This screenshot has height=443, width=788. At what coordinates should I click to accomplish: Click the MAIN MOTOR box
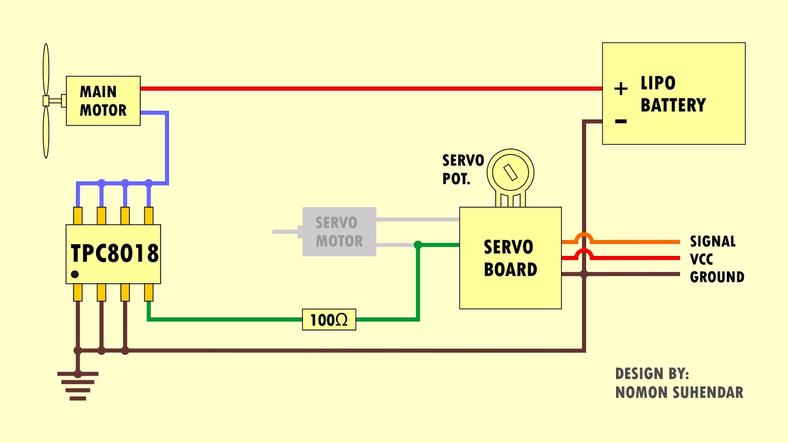(x=103, y=101)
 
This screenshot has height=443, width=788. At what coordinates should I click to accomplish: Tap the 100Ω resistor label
(x=329, y=320)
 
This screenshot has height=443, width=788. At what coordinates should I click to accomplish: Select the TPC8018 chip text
(x=114, y=253)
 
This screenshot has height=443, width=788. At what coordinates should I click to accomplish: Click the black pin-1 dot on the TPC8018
(x=75, y=274)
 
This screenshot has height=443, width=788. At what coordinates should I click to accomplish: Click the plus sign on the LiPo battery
(x=621, y=89)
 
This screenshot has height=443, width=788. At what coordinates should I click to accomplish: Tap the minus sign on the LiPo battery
(x=621, y=121)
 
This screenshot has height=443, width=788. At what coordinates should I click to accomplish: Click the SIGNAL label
(x=713, y=241)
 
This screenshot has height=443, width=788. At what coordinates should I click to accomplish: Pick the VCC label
(x=701, y=259)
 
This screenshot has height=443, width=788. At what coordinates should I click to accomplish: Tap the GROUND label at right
(x=717, y=277)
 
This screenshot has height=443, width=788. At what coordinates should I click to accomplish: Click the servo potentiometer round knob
(x=510, y=172)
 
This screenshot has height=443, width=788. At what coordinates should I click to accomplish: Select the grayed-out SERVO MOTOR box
(x=339, y=232)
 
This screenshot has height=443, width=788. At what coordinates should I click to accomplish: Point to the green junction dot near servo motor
(x=418, y=245)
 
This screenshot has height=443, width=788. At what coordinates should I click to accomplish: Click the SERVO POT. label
(x=462, y=169)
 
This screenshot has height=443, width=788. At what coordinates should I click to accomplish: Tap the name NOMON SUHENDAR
(x=679, y=392)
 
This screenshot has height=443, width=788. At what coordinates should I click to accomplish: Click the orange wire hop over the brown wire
(x=584, y=238)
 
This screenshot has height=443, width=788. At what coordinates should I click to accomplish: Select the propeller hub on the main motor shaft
(x=46, y=101)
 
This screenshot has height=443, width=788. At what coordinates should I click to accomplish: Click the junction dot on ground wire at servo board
(x=584, y=274)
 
